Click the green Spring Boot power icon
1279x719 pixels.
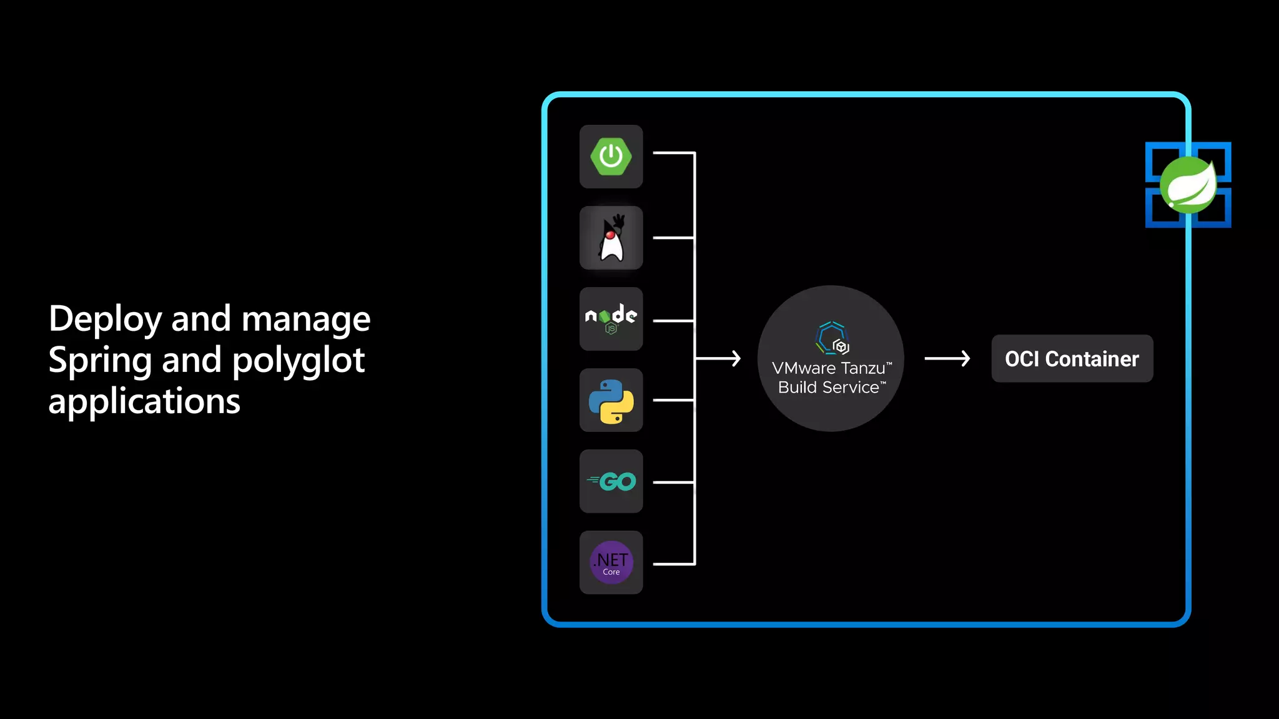[x=611, y=156]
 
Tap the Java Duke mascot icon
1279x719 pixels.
[x=611, y=238]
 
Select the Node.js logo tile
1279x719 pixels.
[x=611, y=318]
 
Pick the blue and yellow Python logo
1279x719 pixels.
[x=611, y=401]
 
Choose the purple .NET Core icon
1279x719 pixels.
[x=611, y=562]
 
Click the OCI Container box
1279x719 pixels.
[x=1072, y=359]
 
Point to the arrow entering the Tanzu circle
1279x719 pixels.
[x=718, y=358]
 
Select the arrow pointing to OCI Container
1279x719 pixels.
[x=947, y=358]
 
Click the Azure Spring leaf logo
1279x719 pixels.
[x=1188, y=185]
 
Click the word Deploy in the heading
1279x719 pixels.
[x=105, y=320]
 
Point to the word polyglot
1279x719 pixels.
[x=298, y=361]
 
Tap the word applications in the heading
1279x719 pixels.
[x=144, y=401]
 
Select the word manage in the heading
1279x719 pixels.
[x=305, y=320]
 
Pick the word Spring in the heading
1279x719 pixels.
[x=100, y=361]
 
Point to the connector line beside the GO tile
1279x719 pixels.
[x=673, y=482]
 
